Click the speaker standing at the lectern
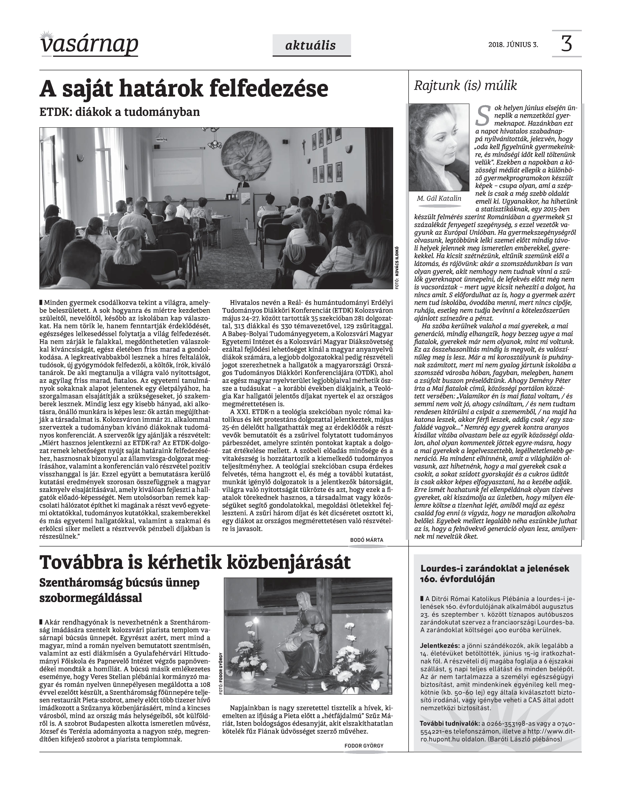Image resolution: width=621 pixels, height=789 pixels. tap(241, 182)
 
